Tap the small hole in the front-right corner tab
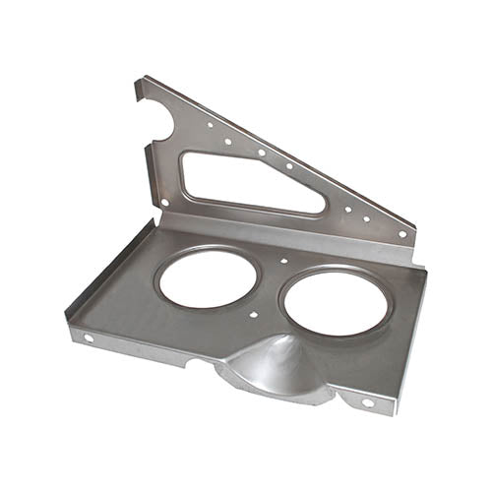pyautogui.click(x=367, y=403)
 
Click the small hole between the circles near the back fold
pyautogui.click(x=283, y=261)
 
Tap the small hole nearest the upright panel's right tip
pyautogui.click(x=401, y=233)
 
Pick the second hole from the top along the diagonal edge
pyautogui.click(x=229, y=141)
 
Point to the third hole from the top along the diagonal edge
pyautogui.click(x=260, y=154)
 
